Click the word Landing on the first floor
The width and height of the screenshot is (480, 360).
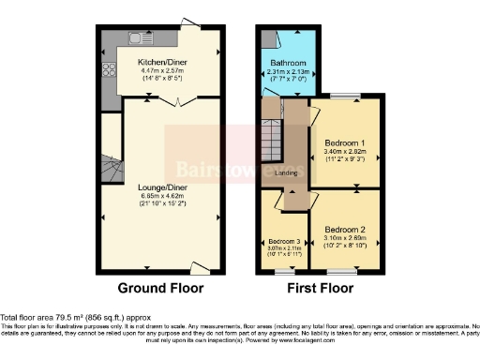(x=287, y=172)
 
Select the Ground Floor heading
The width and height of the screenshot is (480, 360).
(x=160, y=288)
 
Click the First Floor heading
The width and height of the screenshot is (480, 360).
(x=321, y=288)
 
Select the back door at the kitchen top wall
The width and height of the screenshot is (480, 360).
(x=190, y=23)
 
